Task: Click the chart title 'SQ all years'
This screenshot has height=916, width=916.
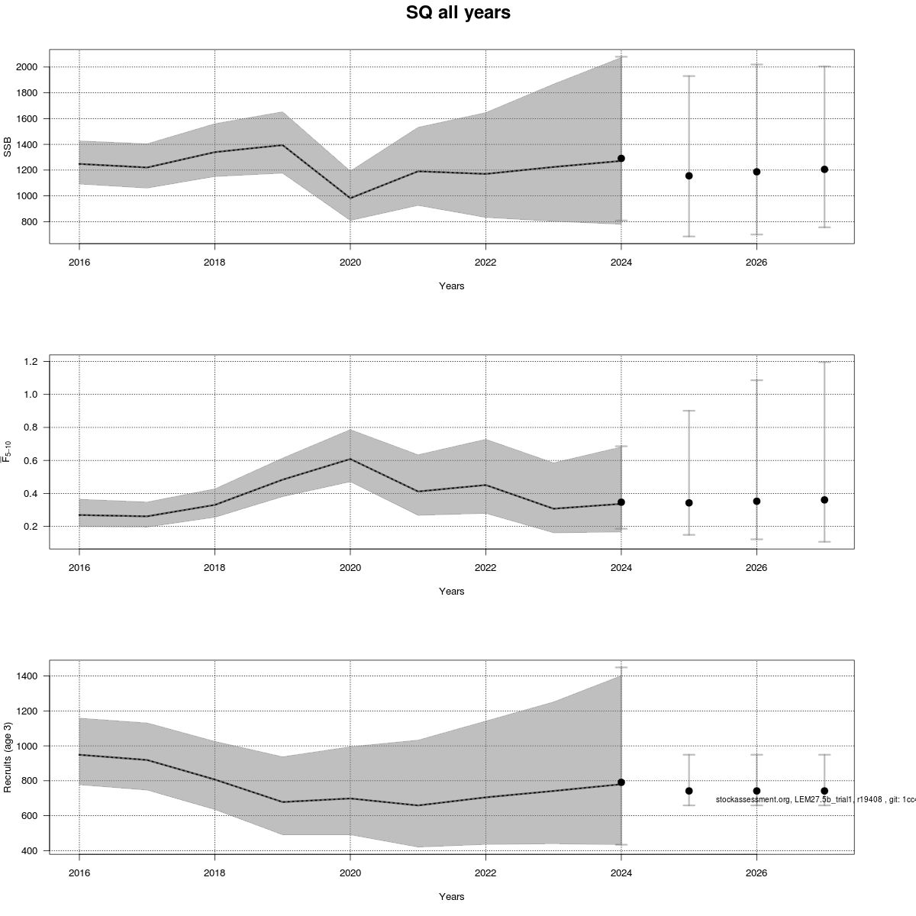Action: point(458,13)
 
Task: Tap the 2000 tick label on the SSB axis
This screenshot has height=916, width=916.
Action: point(27,67)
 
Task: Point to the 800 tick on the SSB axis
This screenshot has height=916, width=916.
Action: point(31,222)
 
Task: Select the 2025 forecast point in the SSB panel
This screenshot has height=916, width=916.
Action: point(689,176)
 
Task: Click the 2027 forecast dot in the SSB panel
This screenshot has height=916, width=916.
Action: point(824,169)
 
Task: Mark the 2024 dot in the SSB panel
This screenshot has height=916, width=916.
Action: point(621,158)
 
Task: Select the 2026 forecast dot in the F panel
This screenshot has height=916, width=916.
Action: point(756,501)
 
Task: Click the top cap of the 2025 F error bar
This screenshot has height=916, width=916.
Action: point(689,411)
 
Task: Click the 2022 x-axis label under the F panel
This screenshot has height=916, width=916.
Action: point(485,567)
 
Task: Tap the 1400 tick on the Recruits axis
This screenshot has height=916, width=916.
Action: point(27,676)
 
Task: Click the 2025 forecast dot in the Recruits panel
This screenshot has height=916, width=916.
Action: point(689,791)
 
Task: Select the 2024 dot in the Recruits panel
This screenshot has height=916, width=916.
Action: point(621,782)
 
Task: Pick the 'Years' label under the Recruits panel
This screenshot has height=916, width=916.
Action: point(451,896)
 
